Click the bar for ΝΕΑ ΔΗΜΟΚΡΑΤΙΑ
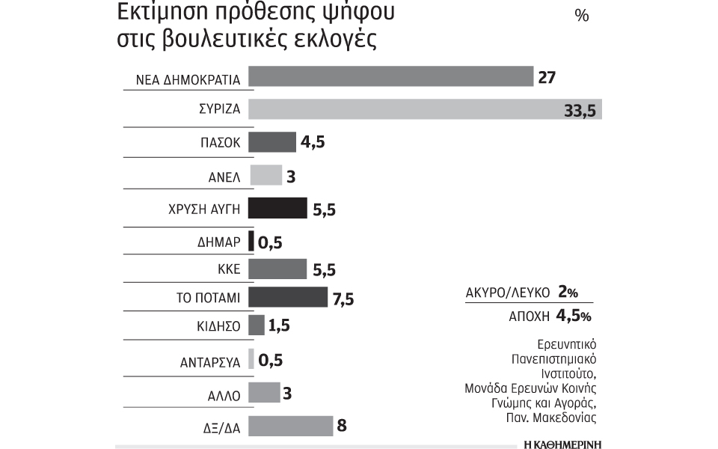(x=389, y=77)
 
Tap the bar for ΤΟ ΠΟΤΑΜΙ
(x=287, y=297)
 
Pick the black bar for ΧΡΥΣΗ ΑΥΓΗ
(x=277, y=208)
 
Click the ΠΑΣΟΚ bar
(x=272, y=141)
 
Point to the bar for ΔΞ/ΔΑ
(x=290, y=427)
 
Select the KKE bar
(x=277, y=268)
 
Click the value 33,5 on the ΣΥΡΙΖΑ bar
(x=579, y=111)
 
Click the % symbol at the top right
(x=581, y=16)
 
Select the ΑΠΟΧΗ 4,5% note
(x=549, y=316)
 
